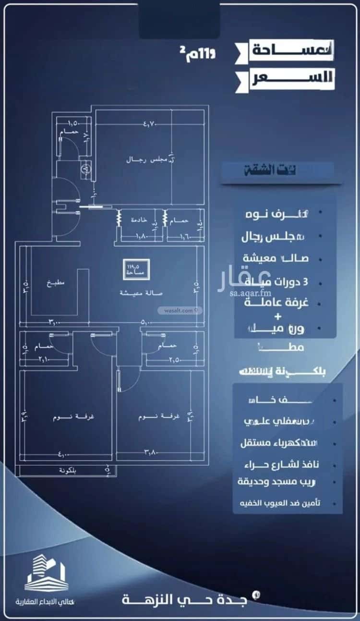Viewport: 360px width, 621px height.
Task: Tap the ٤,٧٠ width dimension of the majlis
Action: coord(150,124)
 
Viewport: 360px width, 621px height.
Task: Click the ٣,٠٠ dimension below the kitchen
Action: coord(54,323)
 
